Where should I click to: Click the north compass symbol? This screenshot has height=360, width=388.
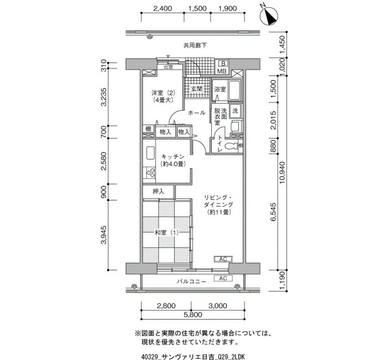(x=269, y=16)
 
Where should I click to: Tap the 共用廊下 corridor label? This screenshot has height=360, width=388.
(x=195, y=45)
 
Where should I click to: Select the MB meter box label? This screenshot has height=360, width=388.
(x=222, y=71)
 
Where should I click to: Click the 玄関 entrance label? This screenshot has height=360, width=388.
(x=196, y=89)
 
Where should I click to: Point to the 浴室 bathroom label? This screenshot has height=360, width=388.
(x=220, y=89)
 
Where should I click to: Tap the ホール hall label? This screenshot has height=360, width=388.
(x=197, y=113)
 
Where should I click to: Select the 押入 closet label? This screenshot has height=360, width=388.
(x=159, y=192)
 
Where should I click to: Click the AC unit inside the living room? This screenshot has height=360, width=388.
(x=223, y=259)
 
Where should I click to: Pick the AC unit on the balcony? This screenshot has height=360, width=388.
(x=223, y=279)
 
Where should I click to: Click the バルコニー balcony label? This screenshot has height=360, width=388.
(x=192, y=281)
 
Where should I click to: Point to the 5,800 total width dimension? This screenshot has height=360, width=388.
(x=193, y=315)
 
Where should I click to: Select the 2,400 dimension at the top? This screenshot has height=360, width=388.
(x=162, y=8)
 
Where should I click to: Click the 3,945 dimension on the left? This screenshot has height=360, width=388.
(x=104, y=235)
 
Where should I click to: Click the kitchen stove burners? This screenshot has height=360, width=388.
(x=150, y=173)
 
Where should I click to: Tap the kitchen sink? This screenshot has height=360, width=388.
(x=150, y=153)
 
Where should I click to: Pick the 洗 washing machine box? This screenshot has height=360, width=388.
(x=235, y=111)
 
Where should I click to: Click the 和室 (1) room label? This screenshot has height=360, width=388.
(x=166, y=233)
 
